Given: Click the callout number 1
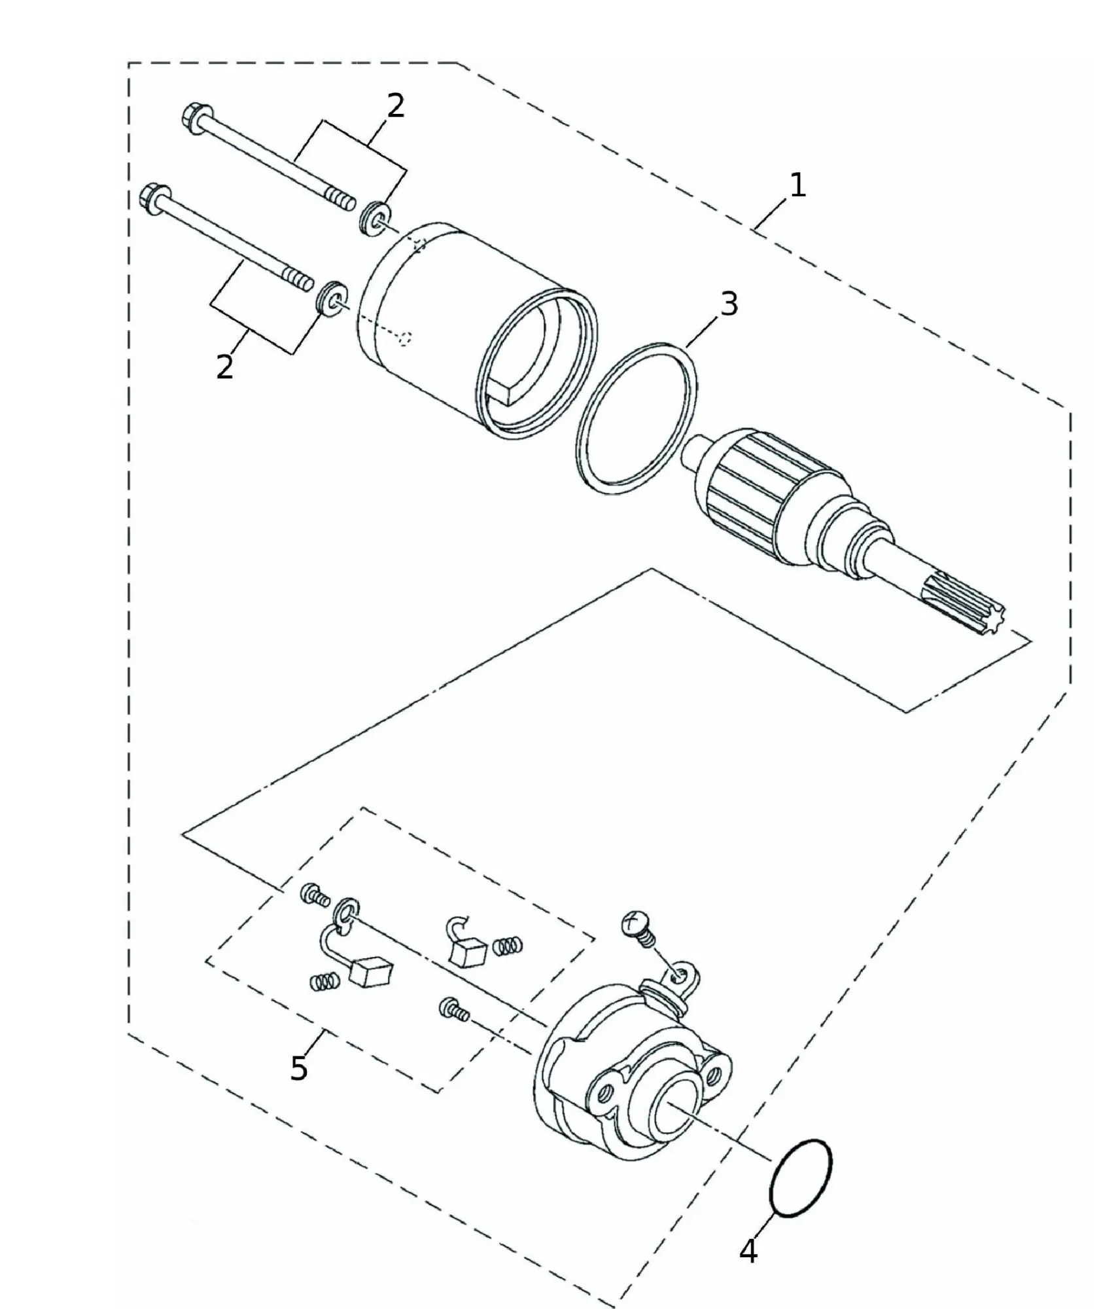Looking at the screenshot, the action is [x=797, y=186].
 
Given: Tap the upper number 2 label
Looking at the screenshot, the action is [x=395, y=105].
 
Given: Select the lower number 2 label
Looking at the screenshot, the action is [x=224, y=367].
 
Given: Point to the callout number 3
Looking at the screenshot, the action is [x=728, y=304].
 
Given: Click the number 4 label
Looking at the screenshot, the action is [x=748, y=1251].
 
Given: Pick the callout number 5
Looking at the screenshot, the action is [x=299, y=1069].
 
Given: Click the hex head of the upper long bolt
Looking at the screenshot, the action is [x=194, y=118].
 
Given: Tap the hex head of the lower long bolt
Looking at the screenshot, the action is [x=155, y=197].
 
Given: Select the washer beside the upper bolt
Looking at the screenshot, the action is [x=375, y=217].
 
